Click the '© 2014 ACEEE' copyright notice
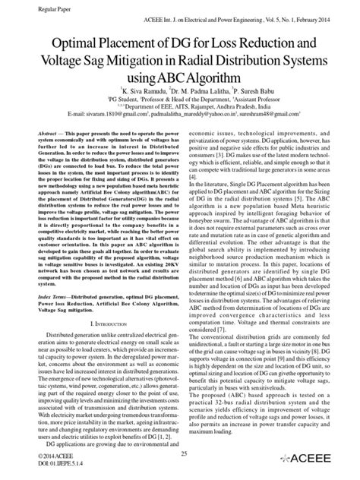pos(25,455)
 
